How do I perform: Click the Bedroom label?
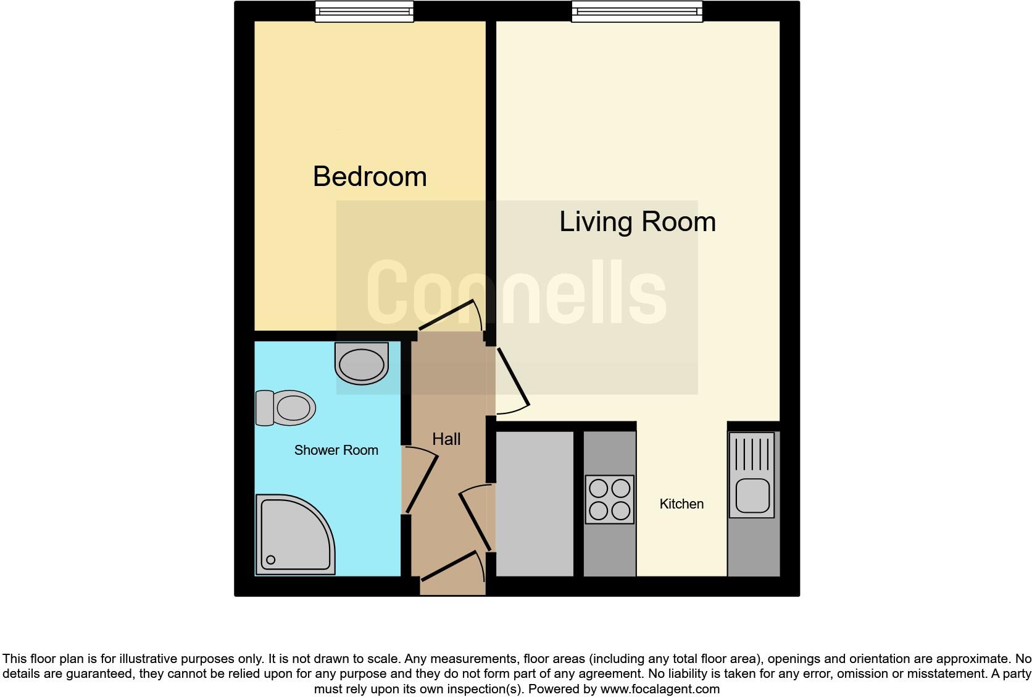[x=370, y=177]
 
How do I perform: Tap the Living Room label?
[x=637, y=222]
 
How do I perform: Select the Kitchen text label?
[x=681, y=504]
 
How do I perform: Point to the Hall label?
[x=446, y=439]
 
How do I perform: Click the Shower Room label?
[x=336, y=450]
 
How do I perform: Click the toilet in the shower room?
[x=286, y=408]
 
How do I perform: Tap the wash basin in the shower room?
[x=362, y=363]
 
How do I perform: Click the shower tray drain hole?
[x=270, y=560]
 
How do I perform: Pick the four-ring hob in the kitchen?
[x=610, y=499]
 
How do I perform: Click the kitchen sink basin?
[x=752, y=496]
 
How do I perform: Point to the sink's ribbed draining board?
[x=752, y=454]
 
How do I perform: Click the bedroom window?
[x=364, y=12]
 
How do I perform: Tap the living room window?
[x=637, y=12]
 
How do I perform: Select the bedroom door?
[x=450, y=315]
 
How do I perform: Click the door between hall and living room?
[x=512, y=380]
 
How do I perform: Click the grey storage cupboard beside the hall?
[x=535, y=504]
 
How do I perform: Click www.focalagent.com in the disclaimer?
[x=660, y=688]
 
